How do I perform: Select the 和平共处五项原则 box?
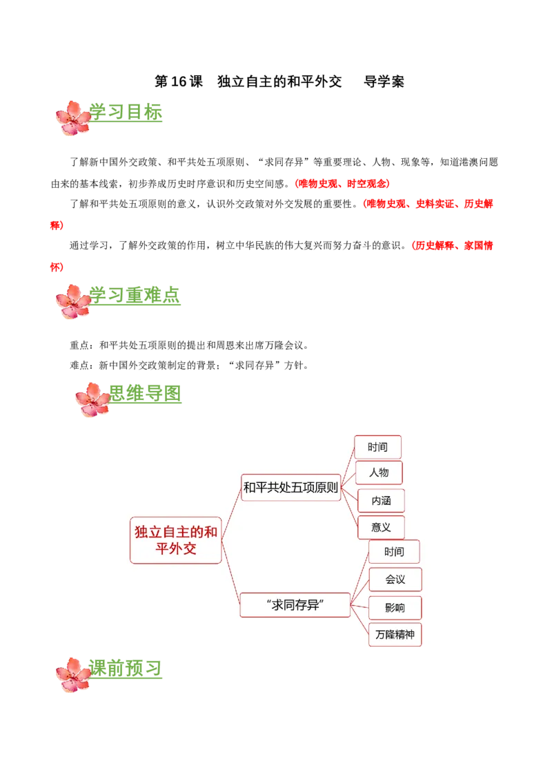pyautogui.click(x=290, y=488)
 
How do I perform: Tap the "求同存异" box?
pyautogui.click(x=295, y=605)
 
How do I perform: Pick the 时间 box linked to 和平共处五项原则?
pyautogui.click(x=377, y=447)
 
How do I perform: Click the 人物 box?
pyautogui.click(x=379, y=473)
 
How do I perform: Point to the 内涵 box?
pyautogui.click(x=381, y=500)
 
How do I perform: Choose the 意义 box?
pyautogui.click(x=381, y=527)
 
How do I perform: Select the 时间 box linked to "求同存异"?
pyautogui.click(x=394, y=552)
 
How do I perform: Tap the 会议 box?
pyautogui.click(x=395, y=579)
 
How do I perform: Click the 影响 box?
pyautogui.click(x=395, y=608)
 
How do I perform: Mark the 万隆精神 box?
pyautogui.click(x=395, y=634)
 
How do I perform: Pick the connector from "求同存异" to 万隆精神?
pyautogui.click(x=360, y=620)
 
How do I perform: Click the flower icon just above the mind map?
pyautogui.click(x=91, y=400)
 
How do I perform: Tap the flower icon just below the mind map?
pyautogui.click(x=73, y=674)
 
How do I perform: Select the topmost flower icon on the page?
pyautogui.click(x=73, y=118)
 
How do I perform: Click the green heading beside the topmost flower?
pyautogui.click(x=128, y=113)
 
